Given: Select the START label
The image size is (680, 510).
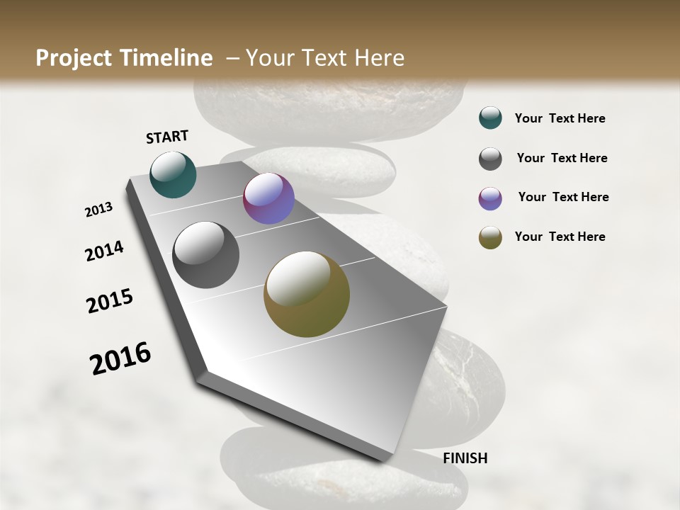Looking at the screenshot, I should click(167, 137).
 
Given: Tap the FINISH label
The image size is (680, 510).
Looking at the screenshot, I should click(465, 458).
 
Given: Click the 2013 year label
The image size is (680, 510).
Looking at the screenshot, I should click(99, 210).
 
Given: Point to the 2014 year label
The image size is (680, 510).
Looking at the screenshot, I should click(104, 251).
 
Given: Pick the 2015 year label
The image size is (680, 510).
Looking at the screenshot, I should click(110, 301).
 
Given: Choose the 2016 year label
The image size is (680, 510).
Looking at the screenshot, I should click(120, 358).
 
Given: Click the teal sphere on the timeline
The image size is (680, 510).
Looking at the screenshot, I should click(174, 174).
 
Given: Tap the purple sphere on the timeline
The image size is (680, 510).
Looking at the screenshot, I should click(268, 199).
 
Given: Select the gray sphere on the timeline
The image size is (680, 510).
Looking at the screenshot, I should click(206, 255).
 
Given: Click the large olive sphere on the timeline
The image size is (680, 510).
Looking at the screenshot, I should click(307, 294).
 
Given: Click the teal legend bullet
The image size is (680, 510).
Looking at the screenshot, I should click(490, 118).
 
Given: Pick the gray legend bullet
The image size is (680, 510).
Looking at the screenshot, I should click(490, 159).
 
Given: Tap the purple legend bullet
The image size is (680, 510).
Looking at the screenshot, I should click(490, 198).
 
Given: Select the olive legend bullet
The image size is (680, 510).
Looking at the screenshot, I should click(490, 237).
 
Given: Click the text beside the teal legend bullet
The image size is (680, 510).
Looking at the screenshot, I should click(560, 118).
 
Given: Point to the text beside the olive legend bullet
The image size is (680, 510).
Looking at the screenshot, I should click(560, 237).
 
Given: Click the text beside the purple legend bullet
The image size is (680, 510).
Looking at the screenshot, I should click(563, 197).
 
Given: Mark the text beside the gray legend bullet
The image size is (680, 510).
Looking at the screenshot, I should click(562, 158).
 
